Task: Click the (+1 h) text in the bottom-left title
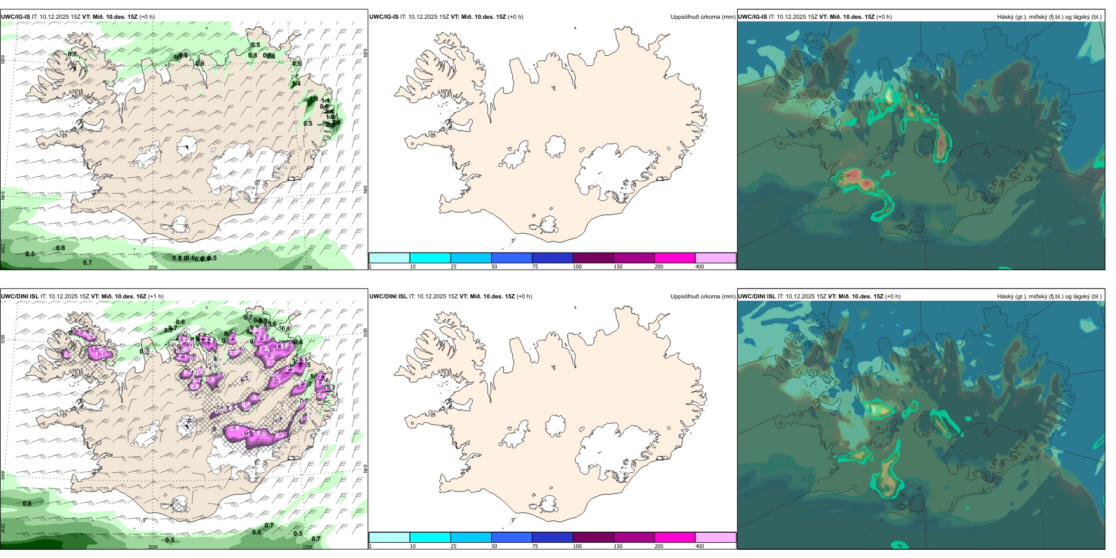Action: [156, 297]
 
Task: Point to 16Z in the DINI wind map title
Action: [140, 297]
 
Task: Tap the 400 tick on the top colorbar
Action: [700, 267]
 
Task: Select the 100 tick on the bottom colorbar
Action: [577, 546]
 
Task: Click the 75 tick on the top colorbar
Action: [535, 267]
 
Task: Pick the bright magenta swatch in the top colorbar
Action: [675, 258]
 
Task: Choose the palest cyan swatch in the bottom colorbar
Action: [389, 537]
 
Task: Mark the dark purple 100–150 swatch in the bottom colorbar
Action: [593, 537]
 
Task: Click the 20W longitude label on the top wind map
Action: [153, 267]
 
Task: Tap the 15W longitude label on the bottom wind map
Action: [307, 547]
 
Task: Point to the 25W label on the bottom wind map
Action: [3, 527]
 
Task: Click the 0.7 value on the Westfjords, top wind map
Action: [72, 54]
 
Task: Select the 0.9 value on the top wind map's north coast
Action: [200, 64]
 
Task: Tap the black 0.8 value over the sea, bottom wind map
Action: [27, 503]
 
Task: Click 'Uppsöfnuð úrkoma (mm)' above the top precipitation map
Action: [702, 17]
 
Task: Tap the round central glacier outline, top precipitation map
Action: [555, 147]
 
